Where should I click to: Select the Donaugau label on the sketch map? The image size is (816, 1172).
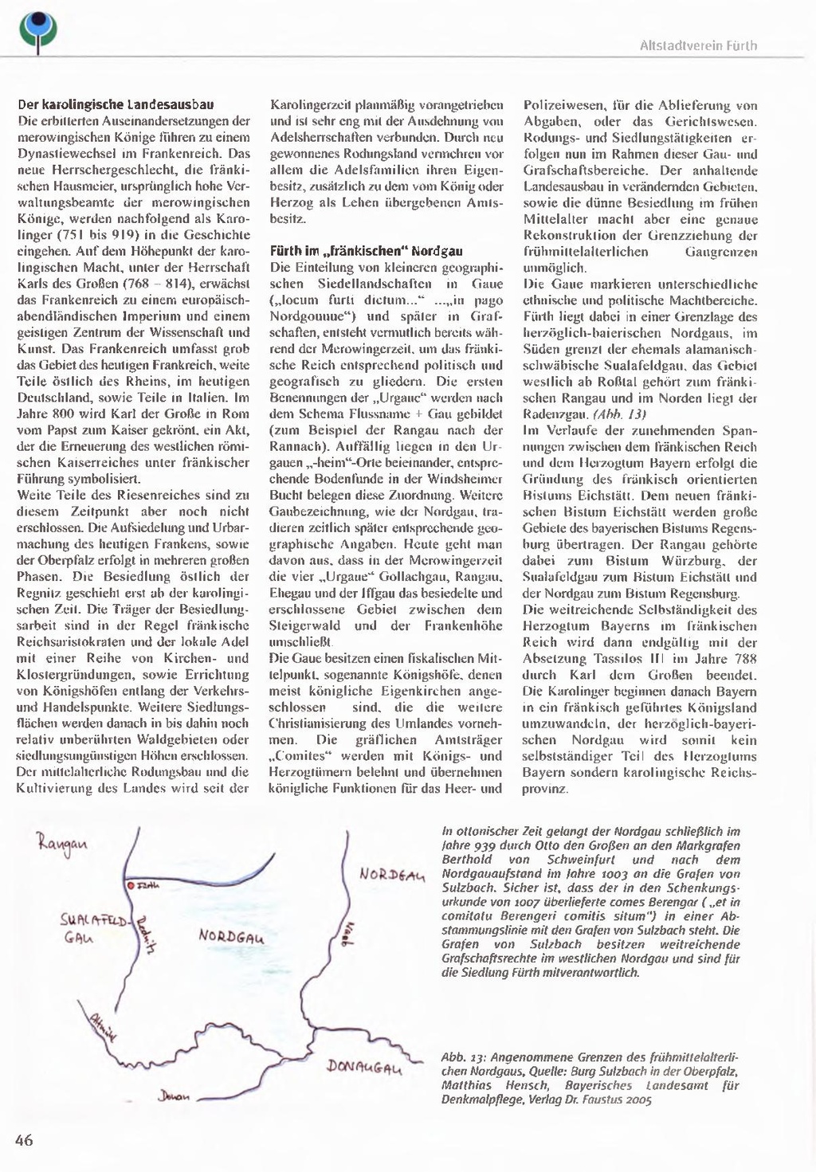pyautogui.click(x=364, y=1068)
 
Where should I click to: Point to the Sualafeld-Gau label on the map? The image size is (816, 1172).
pyautogui.click(x=92, y=930)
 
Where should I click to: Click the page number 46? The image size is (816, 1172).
pyautogui.click(x=24, y=1140)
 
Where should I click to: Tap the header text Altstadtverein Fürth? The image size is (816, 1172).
pyautogui.click(x=698, y=46)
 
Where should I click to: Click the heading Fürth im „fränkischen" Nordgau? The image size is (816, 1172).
pyautogui.click(x=366, y=251)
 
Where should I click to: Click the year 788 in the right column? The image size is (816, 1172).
pyautogui.click(x=745, y=659)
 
